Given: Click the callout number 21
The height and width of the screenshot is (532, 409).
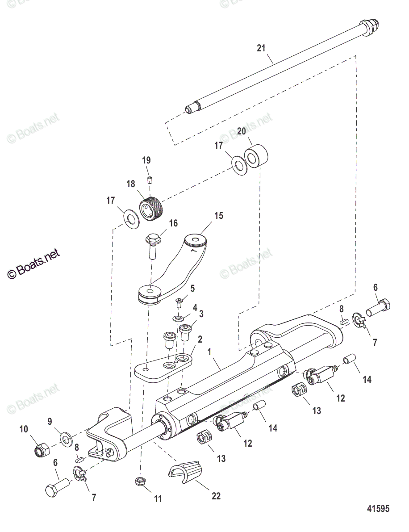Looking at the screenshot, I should click(261, 48).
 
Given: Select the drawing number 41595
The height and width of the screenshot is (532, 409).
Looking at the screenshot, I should click(378, 509).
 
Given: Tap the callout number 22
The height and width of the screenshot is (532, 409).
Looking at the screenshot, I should click(216, 496).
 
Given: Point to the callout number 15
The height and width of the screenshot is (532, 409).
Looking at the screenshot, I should click(218, 216).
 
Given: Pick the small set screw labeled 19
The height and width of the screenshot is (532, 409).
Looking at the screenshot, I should click(150, 180).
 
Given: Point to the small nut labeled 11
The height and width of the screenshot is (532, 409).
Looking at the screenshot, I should click(139, 481).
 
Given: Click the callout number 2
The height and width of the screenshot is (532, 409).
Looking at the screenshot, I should click(200, 339).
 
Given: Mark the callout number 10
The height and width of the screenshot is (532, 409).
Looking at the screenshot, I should click(24, 430).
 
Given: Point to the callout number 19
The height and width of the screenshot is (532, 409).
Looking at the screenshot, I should click(146, 160).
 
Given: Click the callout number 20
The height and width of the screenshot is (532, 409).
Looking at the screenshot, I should click(241, 131).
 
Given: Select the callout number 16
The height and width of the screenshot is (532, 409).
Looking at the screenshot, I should click(173, 223).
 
